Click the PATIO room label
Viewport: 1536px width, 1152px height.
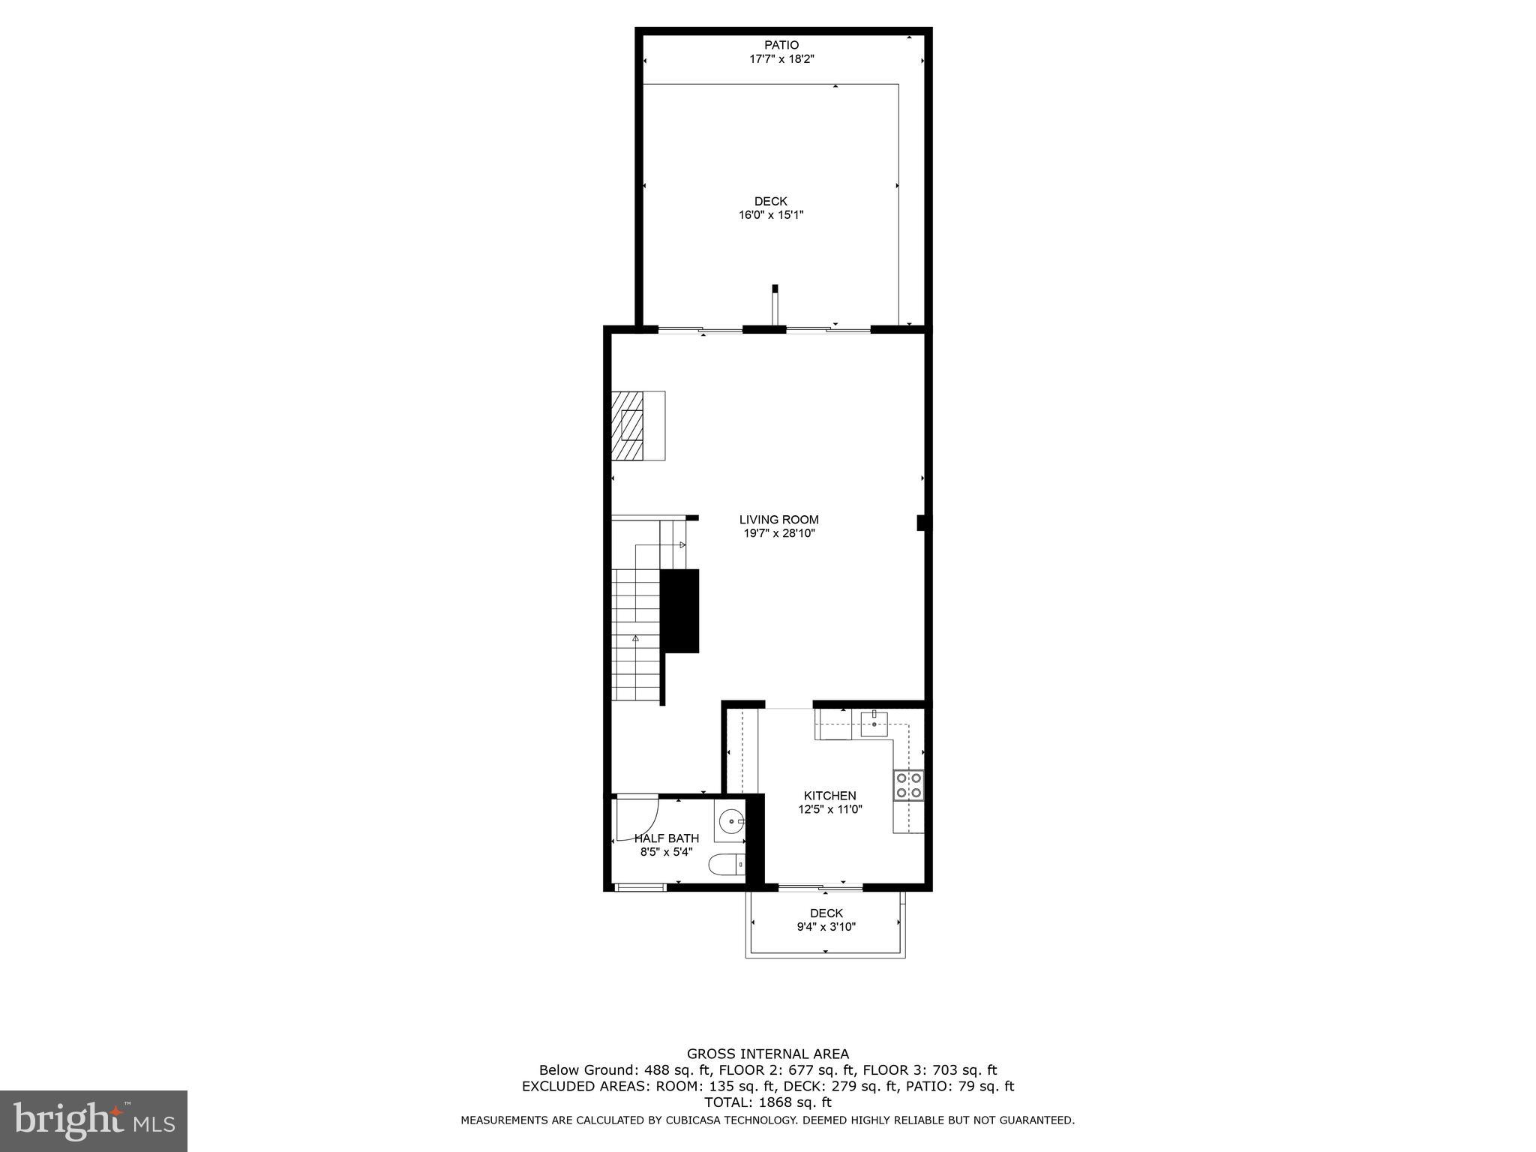click(781, 45)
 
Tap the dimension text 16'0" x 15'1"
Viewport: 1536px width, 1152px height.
click(771, 215)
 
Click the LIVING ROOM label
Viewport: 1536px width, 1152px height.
click(778, 520)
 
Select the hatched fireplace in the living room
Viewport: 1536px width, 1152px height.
click(628, 425)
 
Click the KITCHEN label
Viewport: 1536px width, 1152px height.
click(829, 796)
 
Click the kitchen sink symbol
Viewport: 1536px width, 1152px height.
click(874, 724)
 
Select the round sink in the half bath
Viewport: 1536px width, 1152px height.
click(731, 823)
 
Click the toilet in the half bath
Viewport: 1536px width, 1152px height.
click(727, 865)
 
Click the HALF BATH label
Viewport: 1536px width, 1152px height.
click(667, 838)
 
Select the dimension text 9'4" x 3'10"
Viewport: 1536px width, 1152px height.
click(826, 927)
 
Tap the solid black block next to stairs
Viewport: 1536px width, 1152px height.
click(679, 610)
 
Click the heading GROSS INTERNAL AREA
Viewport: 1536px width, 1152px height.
click(768, 1054)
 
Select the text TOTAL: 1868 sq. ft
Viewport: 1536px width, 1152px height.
click(768, 1102)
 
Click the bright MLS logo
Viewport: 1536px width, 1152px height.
click(94, 1120)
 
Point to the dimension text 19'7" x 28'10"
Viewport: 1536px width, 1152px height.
click(778, 534)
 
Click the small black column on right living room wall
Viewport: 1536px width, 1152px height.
click(921, 523)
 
